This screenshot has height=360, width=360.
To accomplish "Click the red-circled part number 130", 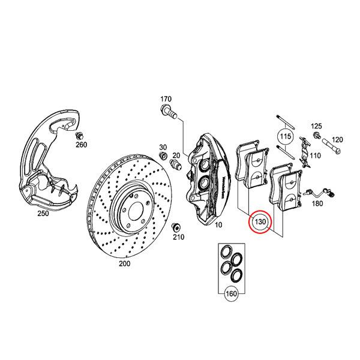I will [261, 222].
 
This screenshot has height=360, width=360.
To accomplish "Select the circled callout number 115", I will [285, 137].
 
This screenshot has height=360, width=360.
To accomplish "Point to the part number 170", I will [166, 99].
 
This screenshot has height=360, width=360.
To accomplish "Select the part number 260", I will [82, 145].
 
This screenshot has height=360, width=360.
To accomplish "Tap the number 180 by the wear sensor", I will [317, 204].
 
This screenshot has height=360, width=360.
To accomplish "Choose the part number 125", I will [316, 126].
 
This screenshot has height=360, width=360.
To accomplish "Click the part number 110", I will [316, 154].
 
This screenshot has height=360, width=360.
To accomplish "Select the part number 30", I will [162, 148].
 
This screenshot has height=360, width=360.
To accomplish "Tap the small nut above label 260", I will [80, 135].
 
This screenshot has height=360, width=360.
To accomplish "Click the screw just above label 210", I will [175, 227].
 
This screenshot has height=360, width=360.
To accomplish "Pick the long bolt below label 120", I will [334, 145].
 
